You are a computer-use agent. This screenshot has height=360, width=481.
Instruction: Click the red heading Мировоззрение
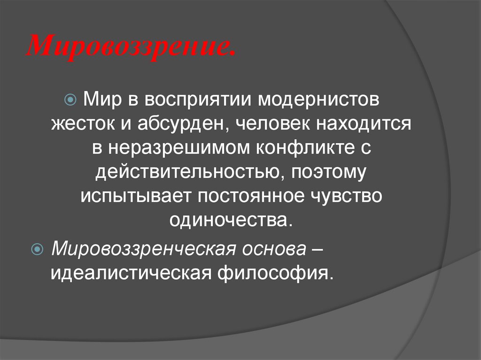(132, 46)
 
